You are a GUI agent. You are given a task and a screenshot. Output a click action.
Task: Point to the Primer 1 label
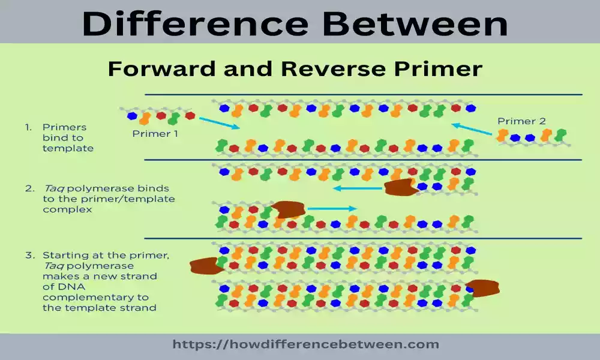point(155,134)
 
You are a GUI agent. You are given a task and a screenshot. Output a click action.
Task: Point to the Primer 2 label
point(521,121)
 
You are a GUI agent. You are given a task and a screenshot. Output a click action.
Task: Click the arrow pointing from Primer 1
point(219,122)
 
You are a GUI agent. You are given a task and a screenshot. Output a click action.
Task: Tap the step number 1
point(28,127)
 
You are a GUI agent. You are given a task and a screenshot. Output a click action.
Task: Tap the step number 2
point(28,188)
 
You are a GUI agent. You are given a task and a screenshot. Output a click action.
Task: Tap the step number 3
point(28,255)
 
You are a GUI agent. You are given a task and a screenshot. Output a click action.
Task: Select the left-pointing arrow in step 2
point(358,188)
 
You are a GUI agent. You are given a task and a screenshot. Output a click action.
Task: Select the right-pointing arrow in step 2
point(332,209)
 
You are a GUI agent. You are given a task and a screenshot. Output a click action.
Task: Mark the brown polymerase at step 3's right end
point(482,289)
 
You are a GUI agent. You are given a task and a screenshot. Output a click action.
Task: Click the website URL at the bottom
point(305,344)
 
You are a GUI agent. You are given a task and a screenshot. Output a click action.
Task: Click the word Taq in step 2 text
point(52,188)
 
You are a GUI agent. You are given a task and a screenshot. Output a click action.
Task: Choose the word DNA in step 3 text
point(64,286)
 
